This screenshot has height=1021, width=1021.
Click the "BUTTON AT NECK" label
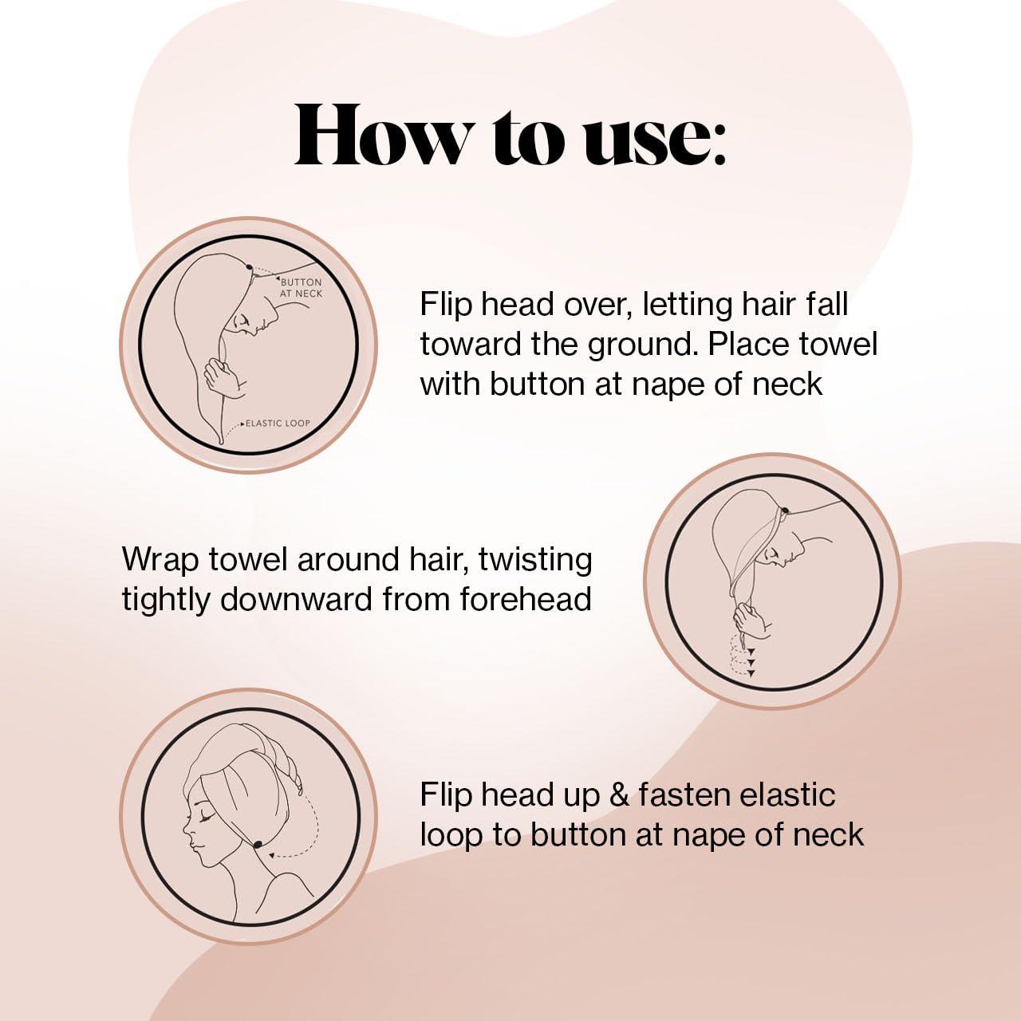click(301, 288)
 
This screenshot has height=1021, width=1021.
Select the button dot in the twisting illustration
click(785, 510)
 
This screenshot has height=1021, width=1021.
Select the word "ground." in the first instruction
click(641, 345)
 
